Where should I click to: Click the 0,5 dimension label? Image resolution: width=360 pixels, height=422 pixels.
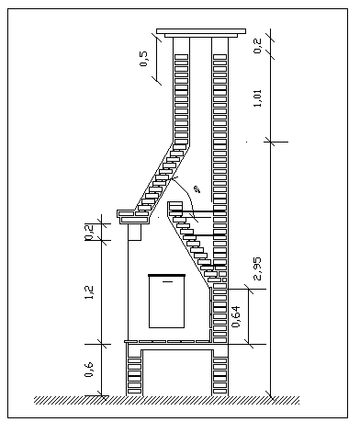point(145,61)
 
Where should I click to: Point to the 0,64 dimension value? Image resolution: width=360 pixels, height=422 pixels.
point(237,317)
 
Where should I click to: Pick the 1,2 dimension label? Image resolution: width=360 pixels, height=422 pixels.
point(89,292)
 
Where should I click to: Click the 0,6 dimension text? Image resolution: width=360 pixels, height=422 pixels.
point(89,370)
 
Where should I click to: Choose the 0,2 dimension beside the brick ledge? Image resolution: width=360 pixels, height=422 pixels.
point(89,232)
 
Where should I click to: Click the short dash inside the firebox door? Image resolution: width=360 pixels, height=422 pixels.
point(167,285)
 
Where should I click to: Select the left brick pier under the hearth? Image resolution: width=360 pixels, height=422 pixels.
point(135,370)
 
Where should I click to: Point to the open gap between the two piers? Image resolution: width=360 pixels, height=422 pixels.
point(176,372)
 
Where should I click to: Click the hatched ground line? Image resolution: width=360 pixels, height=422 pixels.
point(165,400)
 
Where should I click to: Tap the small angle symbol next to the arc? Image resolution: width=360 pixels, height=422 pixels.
point(196,190)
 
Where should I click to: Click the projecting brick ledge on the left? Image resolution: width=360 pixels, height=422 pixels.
point(133,216)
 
